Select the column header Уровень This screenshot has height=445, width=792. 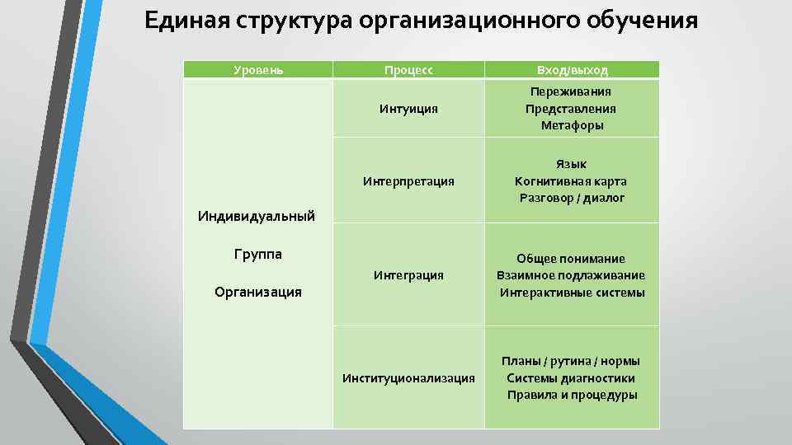click(258, 70)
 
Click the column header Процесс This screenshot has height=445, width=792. click(408, 70)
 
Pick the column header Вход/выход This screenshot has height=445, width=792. click(572, 70)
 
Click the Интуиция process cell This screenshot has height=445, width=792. click(408, 108)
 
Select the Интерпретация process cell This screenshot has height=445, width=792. click(408, 180)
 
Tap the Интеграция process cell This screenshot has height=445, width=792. click(408, 274)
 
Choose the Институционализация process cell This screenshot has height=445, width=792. click(408, 377)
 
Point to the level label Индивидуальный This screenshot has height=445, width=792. click(257, 216)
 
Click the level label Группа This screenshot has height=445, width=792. click(258, 254)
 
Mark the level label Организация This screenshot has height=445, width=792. click(258, 291)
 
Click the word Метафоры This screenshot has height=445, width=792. click(572, 125)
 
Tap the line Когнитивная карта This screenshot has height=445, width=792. click(571, 180)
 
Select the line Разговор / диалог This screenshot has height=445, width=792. click(572, 198)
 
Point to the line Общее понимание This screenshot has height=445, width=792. click(571, 258)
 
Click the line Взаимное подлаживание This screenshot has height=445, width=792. click(571, 275)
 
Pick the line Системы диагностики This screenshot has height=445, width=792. click(571, 378)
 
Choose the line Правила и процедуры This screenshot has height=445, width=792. click(572, 395)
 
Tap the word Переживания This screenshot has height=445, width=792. click(572, 91)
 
